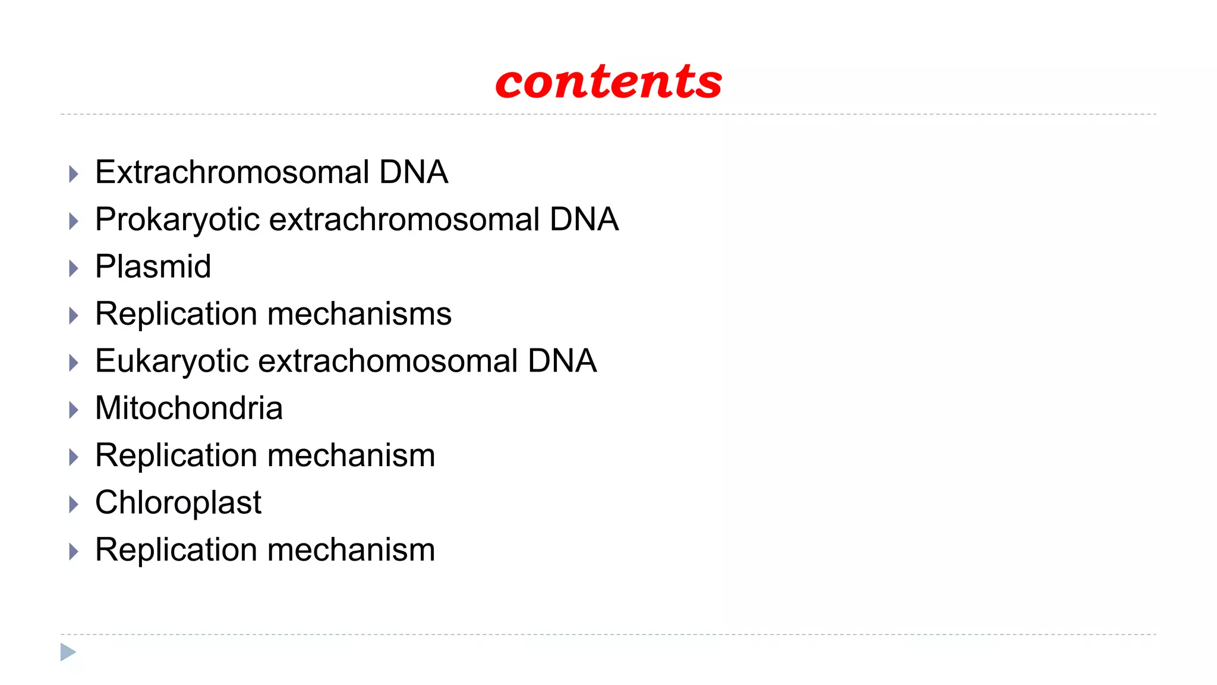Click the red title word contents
click(x=608, y=82)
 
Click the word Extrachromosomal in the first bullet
click(x=232, y=172)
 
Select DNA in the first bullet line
click(x=414, y=172)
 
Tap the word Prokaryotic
click(x=177, y=219)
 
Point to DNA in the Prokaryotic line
click(x=584, y=219)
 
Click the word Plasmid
click(x=153, y=266)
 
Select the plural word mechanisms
click(x=360, y=314)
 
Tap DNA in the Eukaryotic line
click(x=562, y=361)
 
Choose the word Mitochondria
click(x=189, y=409)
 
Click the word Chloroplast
click(x=178, y=503)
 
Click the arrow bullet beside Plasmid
click(x=74, y=269)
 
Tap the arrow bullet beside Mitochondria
click(x=74, y=410)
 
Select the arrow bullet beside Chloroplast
click(x=74, y=505)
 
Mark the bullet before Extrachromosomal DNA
click(x=74, y=174)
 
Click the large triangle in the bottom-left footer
click(x=68, y=652)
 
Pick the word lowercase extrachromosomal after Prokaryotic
click(x=404, y=219)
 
